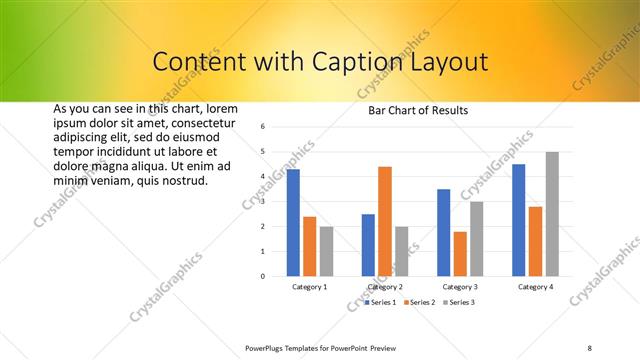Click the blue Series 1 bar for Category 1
pos(293,222)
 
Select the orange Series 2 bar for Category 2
pos(385,221)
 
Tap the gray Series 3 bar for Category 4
pos(552,214)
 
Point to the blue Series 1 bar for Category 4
pos(519,220)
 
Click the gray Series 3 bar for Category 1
pos(326,251)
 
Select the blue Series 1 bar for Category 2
pos(368,245)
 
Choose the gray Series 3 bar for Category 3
pos(477,239)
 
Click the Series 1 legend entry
pos(381,302)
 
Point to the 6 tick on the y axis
pos(261,127)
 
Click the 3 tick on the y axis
pos(261,202)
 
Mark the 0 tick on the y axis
pos(261,276)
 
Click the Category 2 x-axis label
pos(385,287)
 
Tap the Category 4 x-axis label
pos(535,287)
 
